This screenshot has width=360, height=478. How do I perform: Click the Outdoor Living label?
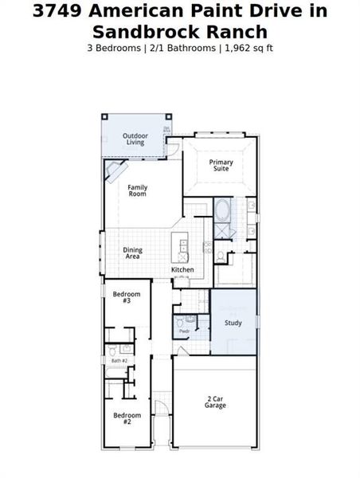[135, 139]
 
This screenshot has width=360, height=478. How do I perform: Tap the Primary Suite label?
[221, 166]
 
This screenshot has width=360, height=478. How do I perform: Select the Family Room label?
[138, 191]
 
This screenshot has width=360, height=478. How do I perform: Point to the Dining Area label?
[132, 253]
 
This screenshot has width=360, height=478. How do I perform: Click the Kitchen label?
[182, 270]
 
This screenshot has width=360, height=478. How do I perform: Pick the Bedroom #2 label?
[127, 419]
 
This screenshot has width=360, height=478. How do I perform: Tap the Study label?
[233, 323]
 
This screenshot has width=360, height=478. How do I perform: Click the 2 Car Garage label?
[215, 402]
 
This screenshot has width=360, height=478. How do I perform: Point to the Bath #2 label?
[119, 361]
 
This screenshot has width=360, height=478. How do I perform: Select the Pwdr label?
[184, 331]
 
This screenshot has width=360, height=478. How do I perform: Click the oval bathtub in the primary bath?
[223, 212]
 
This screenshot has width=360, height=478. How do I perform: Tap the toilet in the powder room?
[182, 321]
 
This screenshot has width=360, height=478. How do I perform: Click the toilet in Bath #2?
[113, 350]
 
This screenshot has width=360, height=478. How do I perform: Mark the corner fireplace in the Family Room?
[116, 170]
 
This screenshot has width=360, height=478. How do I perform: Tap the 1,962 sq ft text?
[248, 49]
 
